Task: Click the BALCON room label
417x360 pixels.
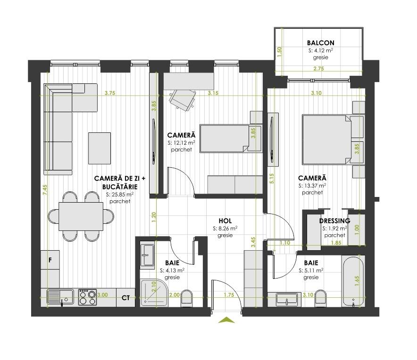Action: (x=320, y=43)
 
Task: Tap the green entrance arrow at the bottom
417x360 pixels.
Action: (x=227, y=320)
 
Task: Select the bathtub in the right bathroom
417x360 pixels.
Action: (x=353, y=281)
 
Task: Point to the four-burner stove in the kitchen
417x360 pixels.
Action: (x=87, y=297)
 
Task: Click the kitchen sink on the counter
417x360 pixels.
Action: (x=60, y=297)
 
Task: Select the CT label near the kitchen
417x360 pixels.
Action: (x=125, y=297)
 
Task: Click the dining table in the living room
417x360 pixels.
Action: (x=81, y=216)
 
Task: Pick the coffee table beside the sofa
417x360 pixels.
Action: (x=100, y=148)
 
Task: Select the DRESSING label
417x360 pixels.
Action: (x=334, y=221)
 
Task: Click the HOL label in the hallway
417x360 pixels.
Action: (x=225, y=221)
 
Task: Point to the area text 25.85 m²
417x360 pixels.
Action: (x=120, y=194)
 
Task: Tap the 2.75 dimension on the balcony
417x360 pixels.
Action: (x=318, y=69)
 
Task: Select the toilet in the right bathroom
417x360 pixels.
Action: (x=322, y=298)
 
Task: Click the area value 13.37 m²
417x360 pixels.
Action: (x=312, y=186)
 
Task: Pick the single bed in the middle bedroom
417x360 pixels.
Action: (x=224, y=139)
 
